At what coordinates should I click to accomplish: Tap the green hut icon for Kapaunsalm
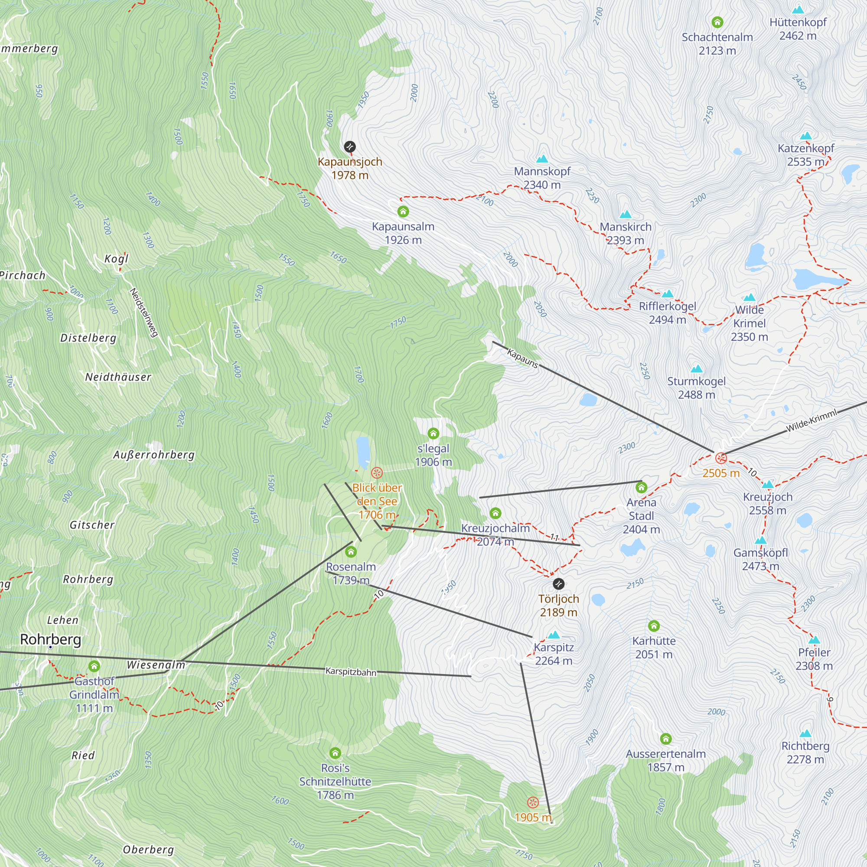[x=403, y=212]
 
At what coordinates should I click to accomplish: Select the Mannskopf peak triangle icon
[x=542, y=158]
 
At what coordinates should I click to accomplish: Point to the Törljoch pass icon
[x=558, y=583]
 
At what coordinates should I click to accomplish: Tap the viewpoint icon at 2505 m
[x=721, y=458]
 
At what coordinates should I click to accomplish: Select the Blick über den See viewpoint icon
[x=377, y=473]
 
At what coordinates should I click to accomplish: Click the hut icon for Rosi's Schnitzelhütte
[x=335, y=753]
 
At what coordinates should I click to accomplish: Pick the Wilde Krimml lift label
[x=812, y=420]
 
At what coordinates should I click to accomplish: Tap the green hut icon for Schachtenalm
[x=717, y=22]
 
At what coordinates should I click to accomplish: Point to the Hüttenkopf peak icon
[x=798, y=10]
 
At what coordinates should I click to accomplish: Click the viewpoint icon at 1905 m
[x=533, y=802]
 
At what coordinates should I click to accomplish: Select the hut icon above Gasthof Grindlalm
[x=94, y=666]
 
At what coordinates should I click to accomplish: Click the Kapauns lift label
[x=522, y=358]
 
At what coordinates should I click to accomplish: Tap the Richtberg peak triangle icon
[x=805, y=733]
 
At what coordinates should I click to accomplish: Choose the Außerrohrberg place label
[x=154, y=455]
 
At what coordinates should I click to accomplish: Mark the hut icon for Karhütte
[x=654, y=626]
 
